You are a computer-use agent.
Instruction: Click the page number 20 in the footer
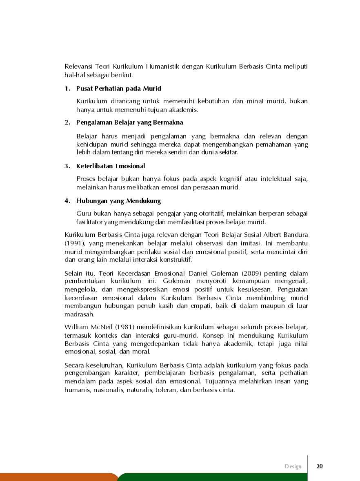coord(320,466)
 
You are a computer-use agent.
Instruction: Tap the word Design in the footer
coord(293,467)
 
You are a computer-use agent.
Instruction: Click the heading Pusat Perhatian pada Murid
coord(118,89)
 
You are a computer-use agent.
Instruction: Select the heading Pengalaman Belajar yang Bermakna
coord(129,122)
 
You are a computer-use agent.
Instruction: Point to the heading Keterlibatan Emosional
coord(110,166)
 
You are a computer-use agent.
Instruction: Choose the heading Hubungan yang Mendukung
coord(118,201)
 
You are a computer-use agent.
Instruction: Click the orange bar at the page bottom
coord(57,477)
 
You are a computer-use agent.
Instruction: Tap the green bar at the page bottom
coord(237,477)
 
